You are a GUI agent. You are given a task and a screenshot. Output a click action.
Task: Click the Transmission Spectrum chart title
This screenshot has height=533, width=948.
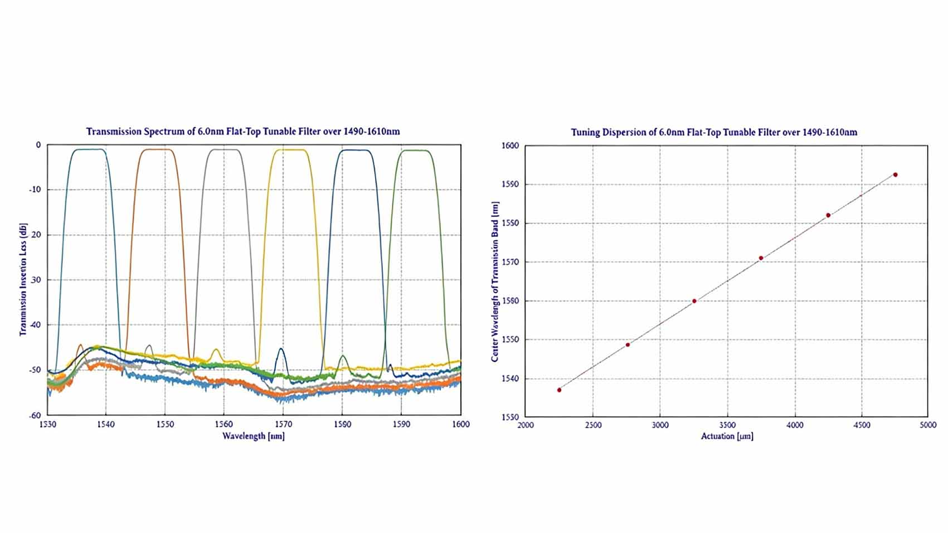242,132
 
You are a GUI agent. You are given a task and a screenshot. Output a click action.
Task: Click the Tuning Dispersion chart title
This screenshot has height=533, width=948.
714,132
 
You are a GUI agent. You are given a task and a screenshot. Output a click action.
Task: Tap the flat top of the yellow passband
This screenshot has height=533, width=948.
289,149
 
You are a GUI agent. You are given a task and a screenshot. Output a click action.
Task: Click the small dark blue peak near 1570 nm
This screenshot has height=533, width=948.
281,350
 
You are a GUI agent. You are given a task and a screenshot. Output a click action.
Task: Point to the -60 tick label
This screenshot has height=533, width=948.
35,415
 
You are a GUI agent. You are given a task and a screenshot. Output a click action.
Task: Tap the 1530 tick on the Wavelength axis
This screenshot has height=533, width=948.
48,424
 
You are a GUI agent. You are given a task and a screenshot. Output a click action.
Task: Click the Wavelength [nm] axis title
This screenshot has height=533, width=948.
254,436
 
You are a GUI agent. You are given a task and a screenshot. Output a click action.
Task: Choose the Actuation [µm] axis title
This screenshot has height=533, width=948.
727,436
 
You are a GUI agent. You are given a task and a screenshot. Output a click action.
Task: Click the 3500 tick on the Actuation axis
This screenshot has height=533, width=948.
727,425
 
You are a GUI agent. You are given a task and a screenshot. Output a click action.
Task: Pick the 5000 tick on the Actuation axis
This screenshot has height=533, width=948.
928,425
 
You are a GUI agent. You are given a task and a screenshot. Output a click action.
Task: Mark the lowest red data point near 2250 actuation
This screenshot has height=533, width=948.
559,390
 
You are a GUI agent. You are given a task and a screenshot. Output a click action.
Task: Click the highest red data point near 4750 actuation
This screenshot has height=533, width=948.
895,175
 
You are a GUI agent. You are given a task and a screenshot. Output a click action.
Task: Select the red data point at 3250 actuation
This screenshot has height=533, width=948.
694,301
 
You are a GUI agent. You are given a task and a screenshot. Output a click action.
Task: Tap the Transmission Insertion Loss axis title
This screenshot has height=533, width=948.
23,279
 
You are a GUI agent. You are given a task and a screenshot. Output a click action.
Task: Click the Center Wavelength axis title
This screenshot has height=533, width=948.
494,282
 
